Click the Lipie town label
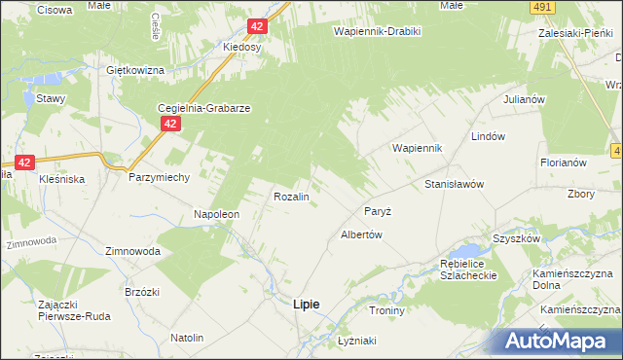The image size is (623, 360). [306, 304]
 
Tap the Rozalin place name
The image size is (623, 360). [291, 197]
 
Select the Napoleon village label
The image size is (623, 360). [216, 214]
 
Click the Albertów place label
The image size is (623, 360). [360, 234]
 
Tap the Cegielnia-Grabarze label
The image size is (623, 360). [205, 109]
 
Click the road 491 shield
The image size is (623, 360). [543, 8]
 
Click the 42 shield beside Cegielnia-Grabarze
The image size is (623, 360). [170, 124]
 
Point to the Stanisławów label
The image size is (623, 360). [455, 184]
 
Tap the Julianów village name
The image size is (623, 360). [523, 100]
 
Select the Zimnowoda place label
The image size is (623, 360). [132, 250]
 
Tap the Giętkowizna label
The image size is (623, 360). [133, 71]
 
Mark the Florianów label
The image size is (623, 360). [563, 162]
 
